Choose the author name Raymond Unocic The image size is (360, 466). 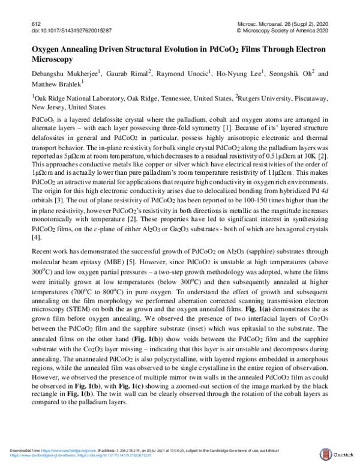click(x=185, y=74)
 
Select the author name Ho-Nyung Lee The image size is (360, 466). click(x=244, y=74)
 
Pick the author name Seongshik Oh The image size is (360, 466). click(x=295, y=74)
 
